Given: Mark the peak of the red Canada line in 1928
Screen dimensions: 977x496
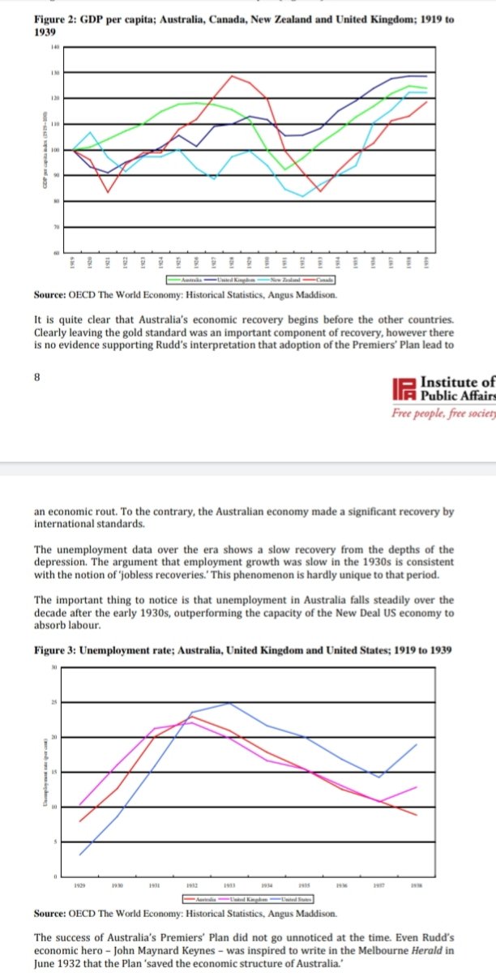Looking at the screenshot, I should (233, 75).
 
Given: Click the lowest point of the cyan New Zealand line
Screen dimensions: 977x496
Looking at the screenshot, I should (302, 196).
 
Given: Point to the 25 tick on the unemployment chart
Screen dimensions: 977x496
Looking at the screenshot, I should (56, 701).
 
